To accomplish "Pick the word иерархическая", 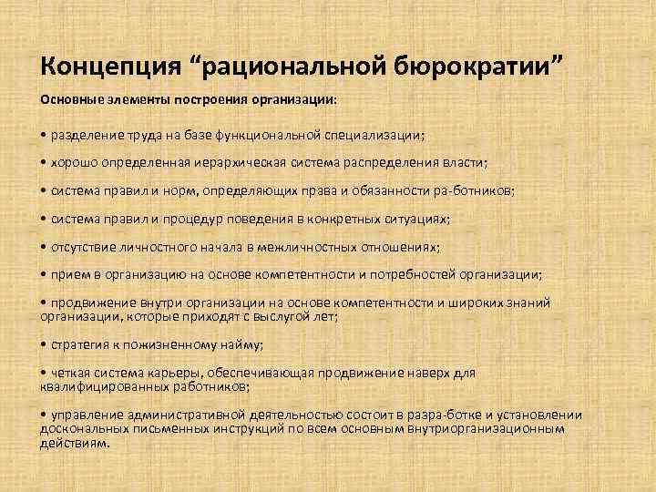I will point(258,164).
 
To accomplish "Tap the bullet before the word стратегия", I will point(45,344).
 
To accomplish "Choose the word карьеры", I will point(190,372).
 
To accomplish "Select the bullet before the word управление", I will point(45,415).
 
